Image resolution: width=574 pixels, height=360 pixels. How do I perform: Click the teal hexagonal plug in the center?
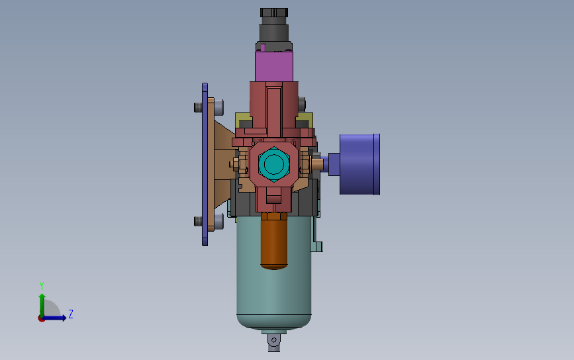[274, 164]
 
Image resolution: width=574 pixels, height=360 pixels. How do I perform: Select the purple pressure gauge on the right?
[359, 164]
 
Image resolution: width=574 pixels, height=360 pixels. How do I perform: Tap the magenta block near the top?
[274, 66]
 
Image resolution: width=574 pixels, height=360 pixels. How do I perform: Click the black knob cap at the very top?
[274, 13]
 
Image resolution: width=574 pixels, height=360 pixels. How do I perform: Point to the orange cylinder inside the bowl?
[274, 242]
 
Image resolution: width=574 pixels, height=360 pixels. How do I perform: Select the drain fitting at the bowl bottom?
[274, 341]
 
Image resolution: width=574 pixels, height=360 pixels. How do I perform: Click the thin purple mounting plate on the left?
[205, 164]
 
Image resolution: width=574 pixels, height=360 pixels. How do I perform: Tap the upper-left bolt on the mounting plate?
[198, 107]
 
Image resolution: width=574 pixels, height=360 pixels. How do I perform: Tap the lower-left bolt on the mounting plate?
[198, 221]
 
